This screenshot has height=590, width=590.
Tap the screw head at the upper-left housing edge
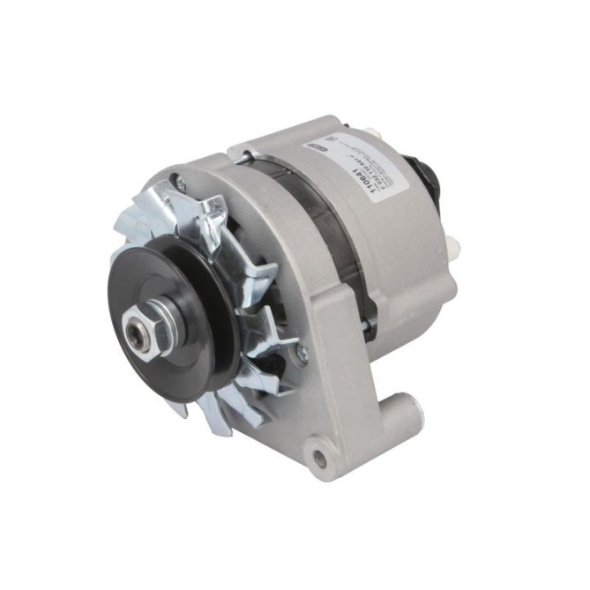click(x=180, y=185)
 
